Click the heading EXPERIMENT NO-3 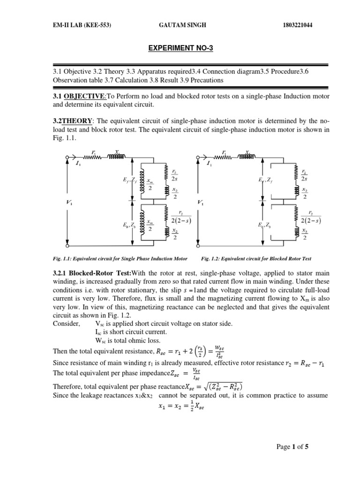coord(180,48)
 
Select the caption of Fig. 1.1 coord(120,258)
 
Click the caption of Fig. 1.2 coord(256,258)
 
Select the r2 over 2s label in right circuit coord(305,175)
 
